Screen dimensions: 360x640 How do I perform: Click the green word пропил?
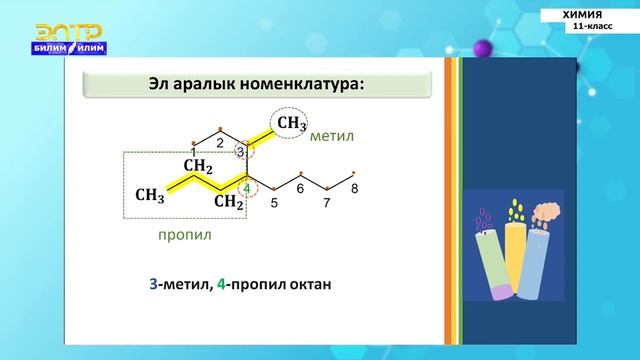tap(185, 235)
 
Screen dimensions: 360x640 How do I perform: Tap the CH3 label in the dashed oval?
tap(291, 123)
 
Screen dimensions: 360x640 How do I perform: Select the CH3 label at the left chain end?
tap(150, 194)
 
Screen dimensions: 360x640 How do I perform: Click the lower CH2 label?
tap(229, 202)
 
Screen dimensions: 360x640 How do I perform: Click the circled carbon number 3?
tap(240, 151)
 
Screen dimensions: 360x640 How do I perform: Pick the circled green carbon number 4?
tap(247, 187)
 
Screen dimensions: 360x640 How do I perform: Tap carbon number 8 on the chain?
tap(354, 188)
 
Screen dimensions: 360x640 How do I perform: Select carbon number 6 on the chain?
tap(300, 188)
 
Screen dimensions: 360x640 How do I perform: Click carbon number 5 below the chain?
tap(274, 203)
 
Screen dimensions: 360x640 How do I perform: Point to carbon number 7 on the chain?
tap(326, 203)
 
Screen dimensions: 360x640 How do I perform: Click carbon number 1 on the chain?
tap(193, 151)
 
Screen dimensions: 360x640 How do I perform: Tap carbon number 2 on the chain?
tap(220, 142)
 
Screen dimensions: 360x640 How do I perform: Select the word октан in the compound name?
tap(306, 285)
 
